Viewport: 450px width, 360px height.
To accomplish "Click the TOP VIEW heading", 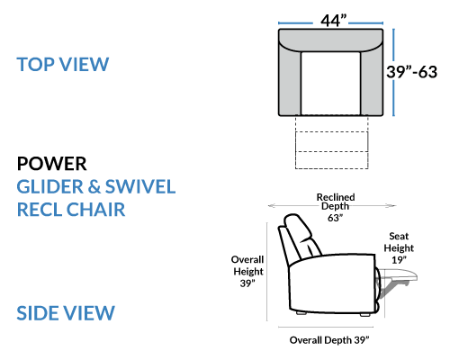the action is click(63, 64).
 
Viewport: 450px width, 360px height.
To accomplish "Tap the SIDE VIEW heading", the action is click(66, 313).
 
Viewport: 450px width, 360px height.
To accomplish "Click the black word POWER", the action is click(52, 164).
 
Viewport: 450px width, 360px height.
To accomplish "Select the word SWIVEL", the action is click(140, 186).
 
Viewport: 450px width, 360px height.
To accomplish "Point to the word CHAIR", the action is click(95, 210).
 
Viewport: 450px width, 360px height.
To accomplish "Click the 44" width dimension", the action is click(334, 21).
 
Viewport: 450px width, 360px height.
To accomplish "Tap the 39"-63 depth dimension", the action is click(411, 72).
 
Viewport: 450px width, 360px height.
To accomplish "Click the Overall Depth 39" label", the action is click(329, 340).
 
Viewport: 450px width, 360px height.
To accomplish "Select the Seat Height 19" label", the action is click(399, 247).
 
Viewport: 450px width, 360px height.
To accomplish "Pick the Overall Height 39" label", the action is click(247, 271).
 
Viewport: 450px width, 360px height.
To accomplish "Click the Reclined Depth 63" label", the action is click(336, 207).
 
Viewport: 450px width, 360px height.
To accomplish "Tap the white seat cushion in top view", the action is click(330, 83).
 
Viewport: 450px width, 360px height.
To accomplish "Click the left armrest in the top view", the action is click(290, 81).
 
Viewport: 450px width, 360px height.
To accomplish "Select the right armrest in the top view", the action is click(372, 81).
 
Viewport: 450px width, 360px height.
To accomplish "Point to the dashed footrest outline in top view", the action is click(331, 142).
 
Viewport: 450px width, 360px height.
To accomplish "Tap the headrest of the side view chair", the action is click(297, 227).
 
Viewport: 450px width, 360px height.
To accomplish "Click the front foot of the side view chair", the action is click(364, 315).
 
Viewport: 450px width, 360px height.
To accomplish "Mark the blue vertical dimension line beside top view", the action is click(393, 72).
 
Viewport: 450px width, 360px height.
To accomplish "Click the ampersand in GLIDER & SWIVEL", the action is click(94, 187).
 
